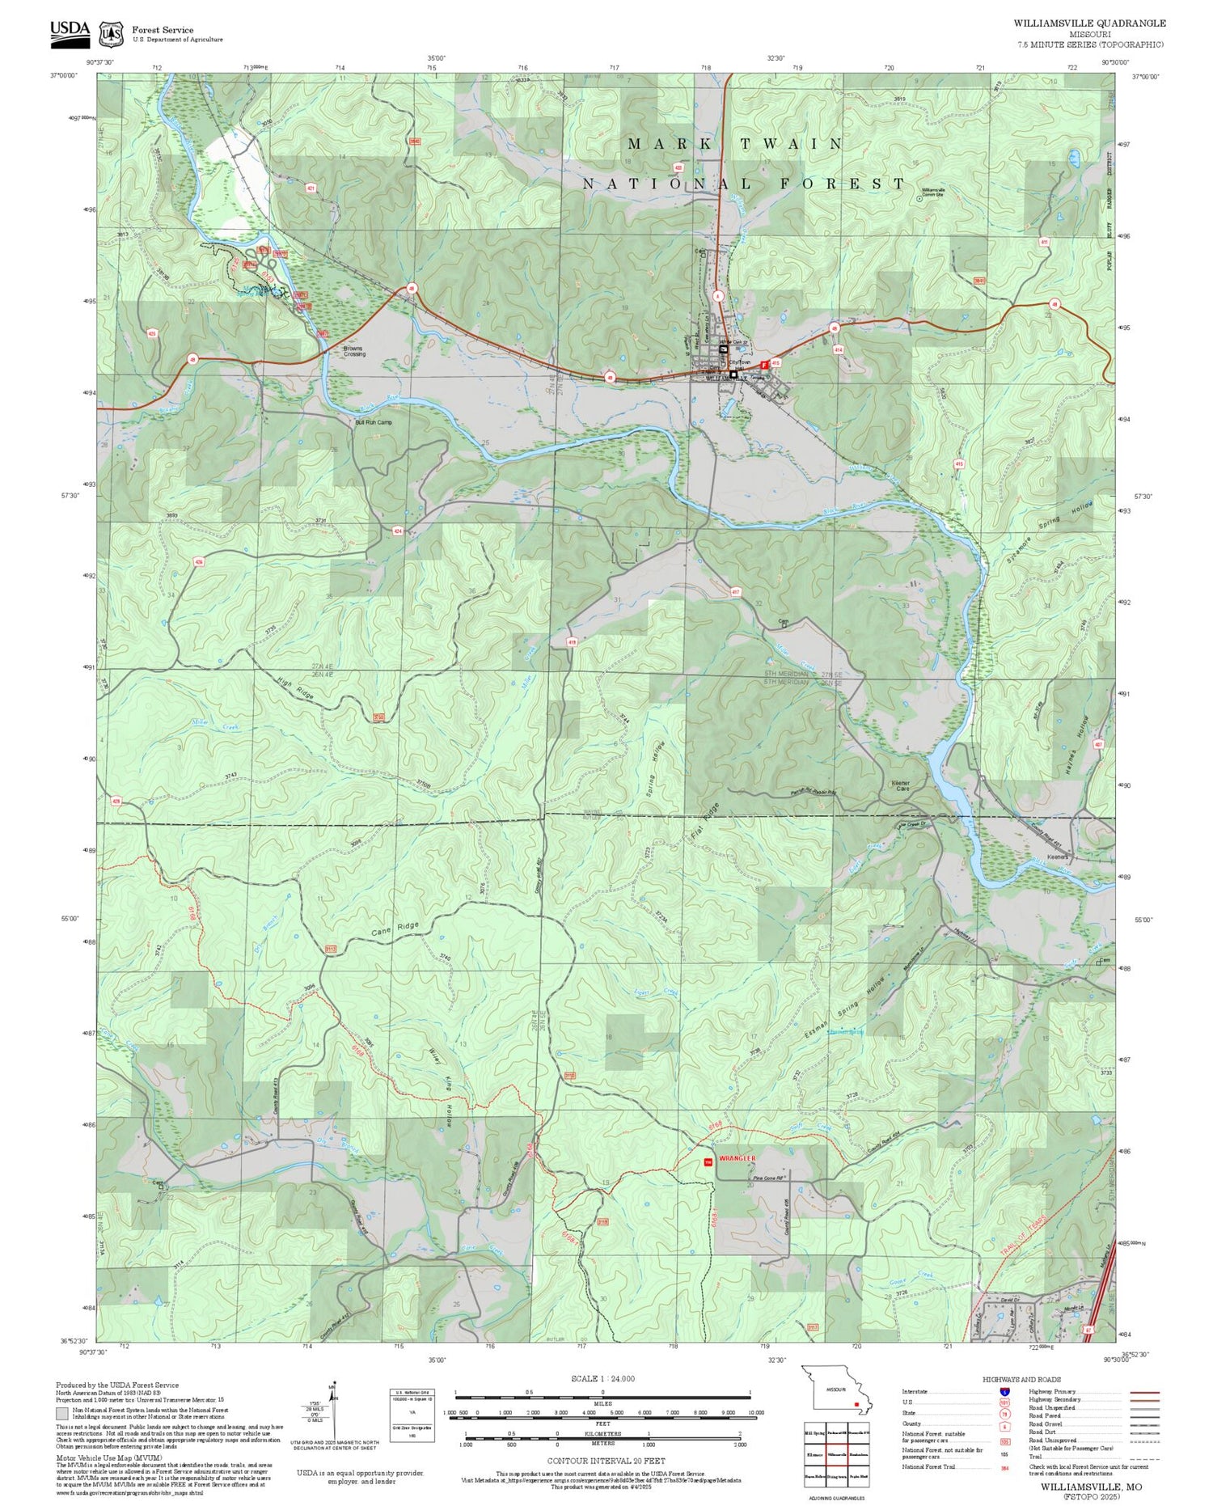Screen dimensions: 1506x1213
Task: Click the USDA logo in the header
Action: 70,30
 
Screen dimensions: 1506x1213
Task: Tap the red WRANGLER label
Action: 738,1158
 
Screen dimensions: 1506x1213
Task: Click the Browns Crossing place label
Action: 354,352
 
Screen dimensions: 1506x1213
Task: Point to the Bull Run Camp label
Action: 374,422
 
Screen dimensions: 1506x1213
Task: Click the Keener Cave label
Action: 900,785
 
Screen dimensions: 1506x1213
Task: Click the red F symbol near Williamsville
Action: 764,365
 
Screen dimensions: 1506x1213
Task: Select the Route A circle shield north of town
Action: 716,295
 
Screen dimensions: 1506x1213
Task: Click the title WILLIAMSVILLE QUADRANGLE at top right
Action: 1089,23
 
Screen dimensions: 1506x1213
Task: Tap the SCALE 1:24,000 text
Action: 602,1379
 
